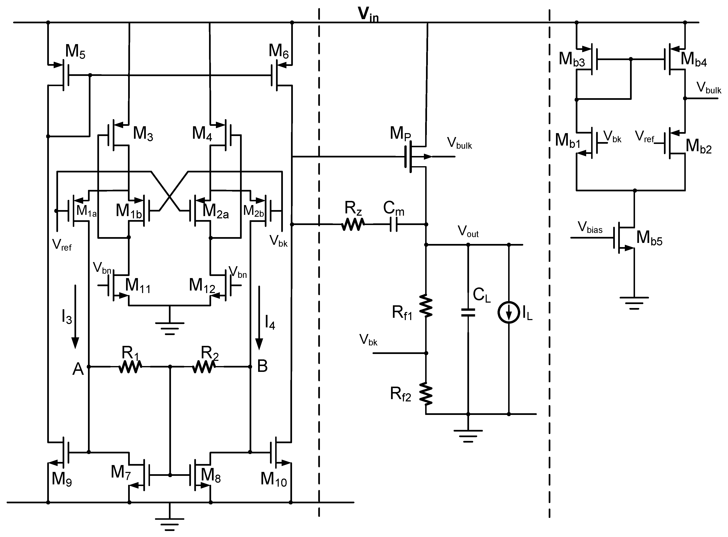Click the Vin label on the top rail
click(368, 15)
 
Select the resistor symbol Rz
click(353, 224)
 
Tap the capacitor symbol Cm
click(393, 224)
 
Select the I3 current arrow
click(75, 317)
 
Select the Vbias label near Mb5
click(590, 228)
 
